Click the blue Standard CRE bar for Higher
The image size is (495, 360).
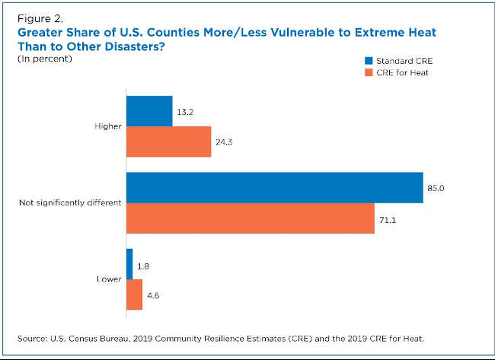(149, 110)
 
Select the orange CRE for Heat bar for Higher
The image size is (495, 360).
(168, 142)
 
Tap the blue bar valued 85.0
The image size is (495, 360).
(274, 188)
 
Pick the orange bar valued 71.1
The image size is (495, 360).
(250, 218)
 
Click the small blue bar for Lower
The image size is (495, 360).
(129, 264)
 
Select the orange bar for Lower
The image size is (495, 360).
(134, 295)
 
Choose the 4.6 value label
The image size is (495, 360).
(155, 295)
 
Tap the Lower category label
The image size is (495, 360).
(109, 279)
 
